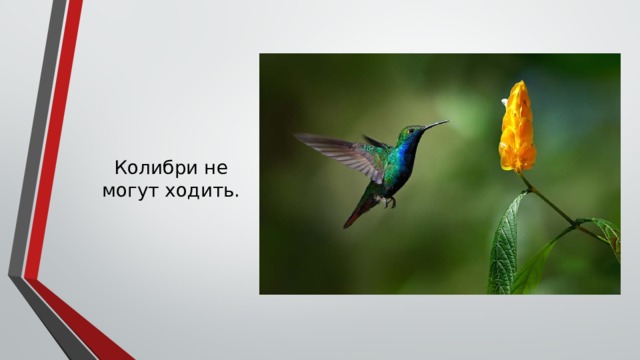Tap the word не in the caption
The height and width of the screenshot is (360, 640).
[x=215, y=167]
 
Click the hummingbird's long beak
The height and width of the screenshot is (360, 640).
[x=435, y=125]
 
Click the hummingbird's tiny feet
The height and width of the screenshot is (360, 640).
[x=390, y=203]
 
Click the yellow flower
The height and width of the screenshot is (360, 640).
[x=518, y=130]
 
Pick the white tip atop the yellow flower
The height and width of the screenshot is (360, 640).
[x=505, y=102]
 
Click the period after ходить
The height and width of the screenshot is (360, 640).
[x=237, y=194]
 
